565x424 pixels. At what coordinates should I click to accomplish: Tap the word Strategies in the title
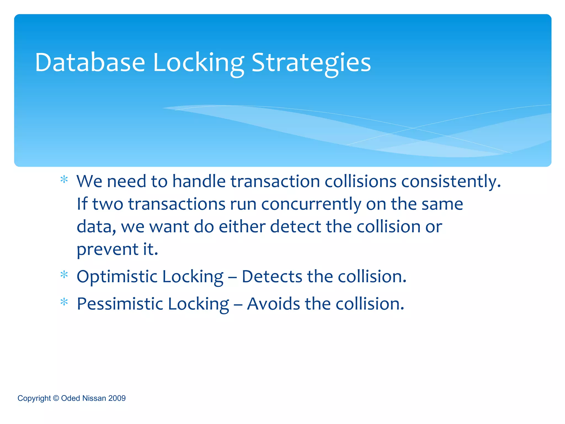311,63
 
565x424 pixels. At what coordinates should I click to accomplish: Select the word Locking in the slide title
198,63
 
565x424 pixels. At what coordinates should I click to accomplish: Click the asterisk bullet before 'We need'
64,180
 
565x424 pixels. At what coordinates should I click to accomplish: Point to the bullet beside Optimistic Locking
64,275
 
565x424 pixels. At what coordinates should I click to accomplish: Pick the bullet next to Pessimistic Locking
64,303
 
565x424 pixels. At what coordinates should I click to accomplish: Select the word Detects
272,276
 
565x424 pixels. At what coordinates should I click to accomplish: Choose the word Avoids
273,304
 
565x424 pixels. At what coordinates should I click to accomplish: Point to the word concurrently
311,204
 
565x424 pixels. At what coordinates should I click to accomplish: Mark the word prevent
107,250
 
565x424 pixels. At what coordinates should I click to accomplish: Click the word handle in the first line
199,181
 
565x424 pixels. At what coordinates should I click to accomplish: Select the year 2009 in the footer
117,398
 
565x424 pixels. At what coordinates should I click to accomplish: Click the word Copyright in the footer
34,398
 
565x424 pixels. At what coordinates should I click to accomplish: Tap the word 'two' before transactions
107,204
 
